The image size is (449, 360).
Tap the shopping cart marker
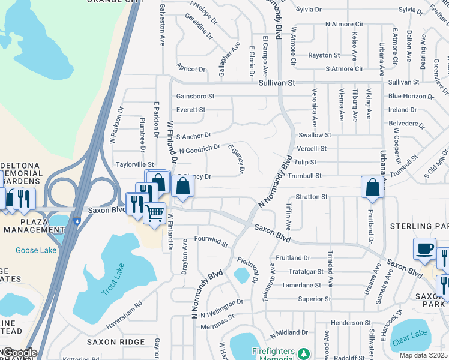pyautogui.click(x=155, y=213)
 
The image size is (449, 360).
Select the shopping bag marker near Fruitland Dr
pyautogui.click(x=372, y=187)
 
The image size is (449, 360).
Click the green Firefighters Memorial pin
pyautogui.click(x=304, y=352)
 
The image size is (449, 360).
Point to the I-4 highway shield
pyautogui.click(x=75, y=221)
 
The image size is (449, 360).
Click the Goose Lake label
pyautogui.click(x=35, y=250)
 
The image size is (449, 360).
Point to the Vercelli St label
pyautogui.click(x=312, y=148)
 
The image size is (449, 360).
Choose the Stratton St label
pyautogui.click(x=311, y=196)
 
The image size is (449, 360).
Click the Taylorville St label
pyautogui.click(x=135, y=164)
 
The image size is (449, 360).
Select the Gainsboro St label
pyautogui.click(x=195, y=96)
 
